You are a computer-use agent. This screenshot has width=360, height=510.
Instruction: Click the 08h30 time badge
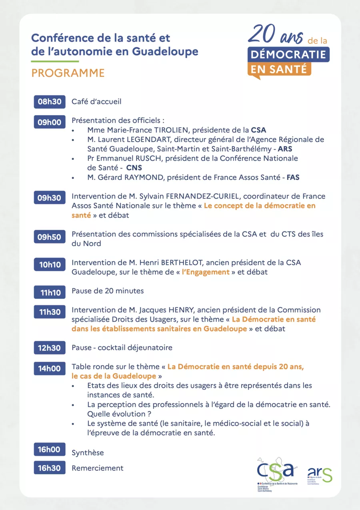(50, 102)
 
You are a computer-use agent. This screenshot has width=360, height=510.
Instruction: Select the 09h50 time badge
(50, 237)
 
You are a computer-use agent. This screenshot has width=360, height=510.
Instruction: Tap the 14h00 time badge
(50, 369)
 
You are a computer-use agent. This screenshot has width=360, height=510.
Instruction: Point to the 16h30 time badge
(50, 468)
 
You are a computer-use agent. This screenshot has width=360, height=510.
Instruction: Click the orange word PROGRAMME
(68, 73)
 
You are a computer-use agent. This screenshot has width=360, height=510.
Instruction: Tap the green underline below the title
(55, 61)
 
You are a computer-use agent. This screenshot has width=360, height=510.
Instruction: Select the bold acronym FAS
(293, 177)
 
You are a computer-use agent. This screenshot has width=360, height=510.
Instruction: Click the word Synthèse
(88, 453)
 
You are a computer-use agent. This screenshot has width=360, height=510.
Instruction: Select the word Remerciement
(98, 468)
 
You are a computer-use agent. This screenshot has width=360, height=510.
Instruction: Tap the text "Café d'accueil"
(96, 102)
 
